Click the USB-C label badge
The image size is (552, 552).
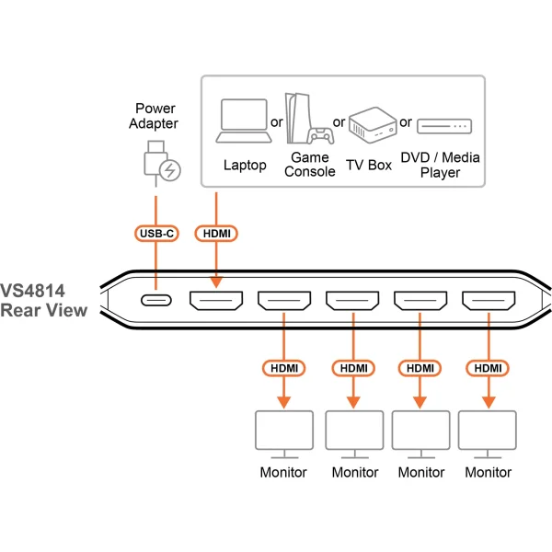(156, 234)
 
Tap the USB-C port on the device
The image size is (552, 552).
(156, 301)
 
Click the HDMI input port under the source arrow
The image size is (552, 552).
(215, 301)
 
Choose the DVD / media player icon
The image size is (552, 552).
(444, 124)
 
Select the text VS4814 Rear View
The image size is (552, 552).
(43, 300)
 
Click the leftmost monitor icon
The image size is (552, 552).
(284, 436)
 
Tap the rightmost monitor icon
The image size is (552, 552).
(489, 436)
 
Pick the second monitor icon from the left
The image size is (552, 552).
(354, 436)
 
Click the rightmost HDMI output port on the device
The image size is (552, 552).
(489, 301)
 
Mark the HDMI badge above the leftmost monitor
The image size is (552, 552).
(284, 368)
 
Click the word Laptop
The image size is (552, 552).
(245, 166)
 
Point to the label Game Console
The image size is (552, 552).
(309, 165)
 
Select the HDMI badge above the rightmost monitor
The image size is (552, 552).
(489, 368)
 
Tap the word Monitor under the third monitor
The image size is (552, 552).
(421, 473)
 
